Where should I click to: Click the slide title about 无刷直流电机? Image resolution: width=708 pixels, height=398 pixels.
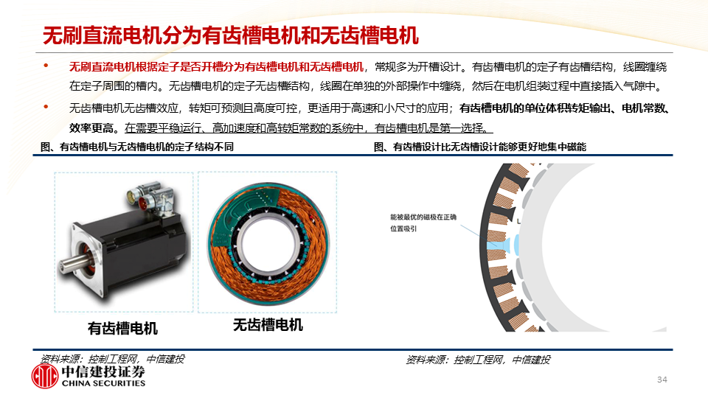(x=231, y=35)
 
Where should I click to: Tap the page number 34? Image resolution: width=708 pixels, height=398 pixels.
(x=662, y=380)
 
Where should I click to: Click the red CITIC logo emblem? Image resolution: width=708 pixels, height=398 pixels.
(x=45, y=376)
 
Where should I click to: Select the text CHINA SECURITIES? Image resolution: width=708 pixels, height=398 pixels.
(x=103, y=383)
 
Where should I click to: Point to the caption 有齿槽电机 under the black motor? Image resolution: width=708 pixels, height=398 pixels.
(x=123, y=328)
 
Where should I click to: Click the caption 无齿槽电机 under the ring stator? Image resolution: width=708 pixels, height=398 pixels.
(x=268, y=325)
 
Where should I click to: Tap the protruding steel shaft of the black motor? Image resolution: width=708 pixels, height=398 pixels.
(x=72, y=264)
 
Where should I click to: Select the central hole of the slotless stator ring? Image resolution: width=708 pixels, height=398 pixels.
(x=267, y=244)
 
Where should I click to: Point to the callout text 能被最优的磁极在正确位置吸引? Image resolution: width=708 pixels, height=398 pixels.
(x=423, y=223)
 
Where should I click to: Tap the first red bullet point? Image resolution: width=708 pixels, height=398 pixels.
(x=46, y=66)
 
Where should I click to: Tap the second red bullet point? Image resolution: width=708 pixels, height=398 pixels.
(x=46, y=107)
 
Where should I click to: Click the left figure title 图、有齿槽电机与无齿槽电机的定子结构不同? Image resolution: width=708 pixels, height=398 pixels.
(x=137, y=147)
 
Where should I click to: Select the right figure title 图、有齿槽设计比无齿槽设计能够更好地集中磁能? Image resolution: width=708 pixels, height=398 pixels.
(x=480, y=147)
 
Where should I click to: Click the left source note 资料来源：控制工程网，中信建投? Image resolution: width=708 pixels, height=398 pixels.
(x=112, y=359)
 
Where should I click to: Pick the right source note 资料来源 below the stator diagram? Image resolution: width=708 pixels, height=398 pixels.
(x=478, y=360)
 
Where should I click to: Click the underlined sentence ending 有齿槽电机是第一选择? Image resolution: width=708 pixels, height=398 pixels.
(x=309, y=128)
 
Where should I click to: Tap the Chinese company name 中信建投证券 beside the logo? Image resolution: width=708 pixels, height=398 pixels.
(x=103, y=371)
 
